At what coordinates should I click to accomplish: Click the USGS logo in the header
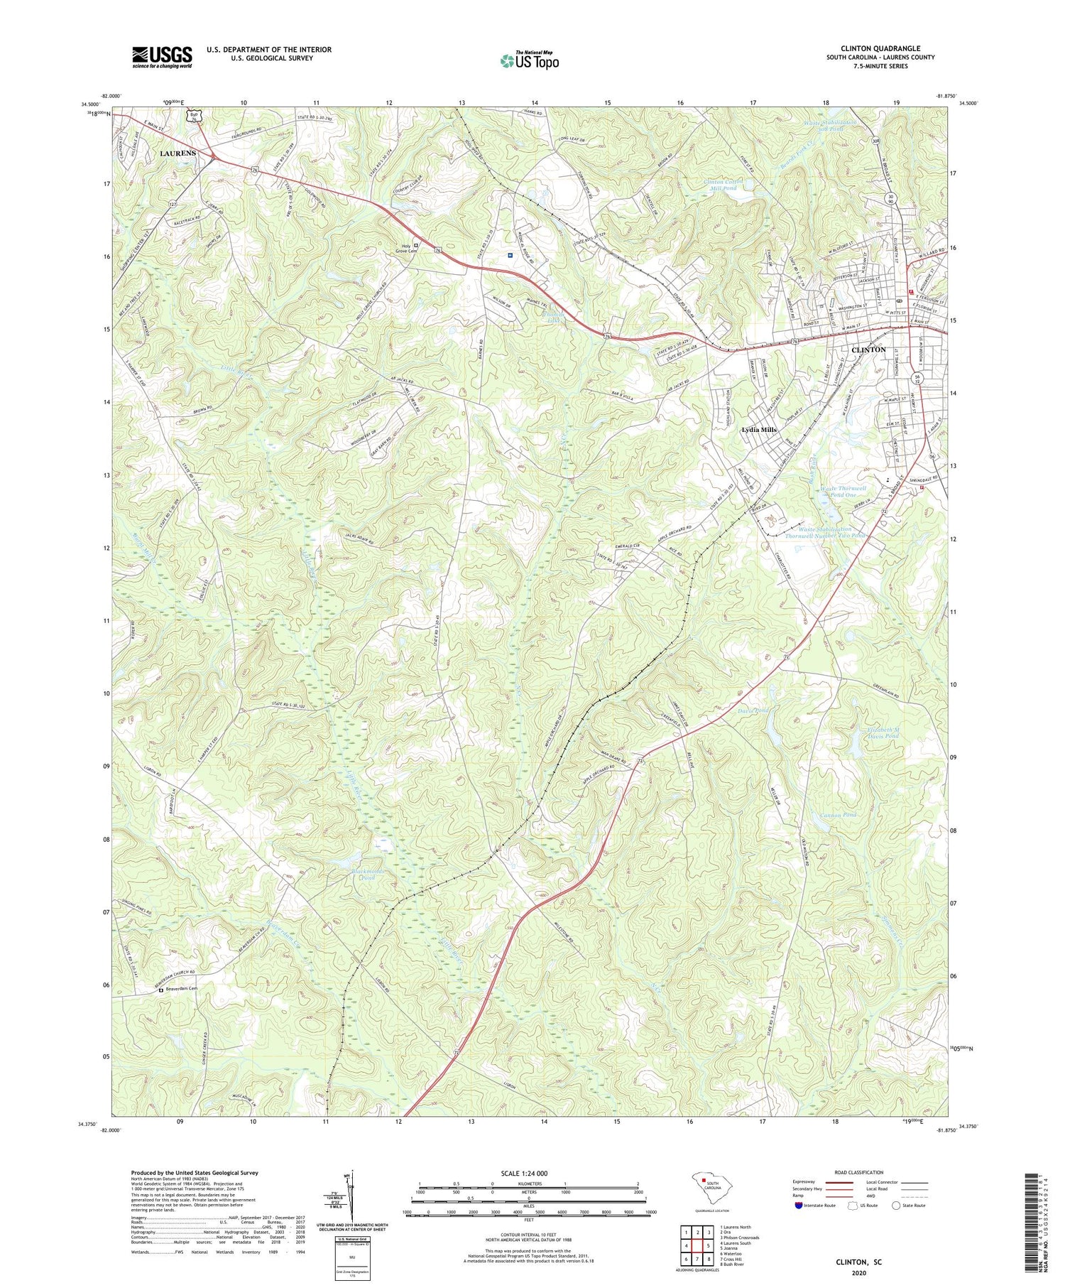click(162, 57)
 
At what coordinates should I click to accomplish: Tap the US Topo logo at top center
click(529, 60)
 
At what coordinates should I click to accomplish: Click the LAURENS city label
click(177, 153)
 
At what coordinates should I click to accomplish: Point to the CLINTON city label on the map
click(868, 350)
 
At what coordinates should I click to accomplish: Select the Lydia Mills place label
click(759, 430)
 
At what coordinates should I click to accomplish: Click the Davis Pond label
click(753, 710)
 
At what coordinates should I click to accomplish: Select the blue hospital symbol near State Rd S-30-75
click(510, 255)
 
